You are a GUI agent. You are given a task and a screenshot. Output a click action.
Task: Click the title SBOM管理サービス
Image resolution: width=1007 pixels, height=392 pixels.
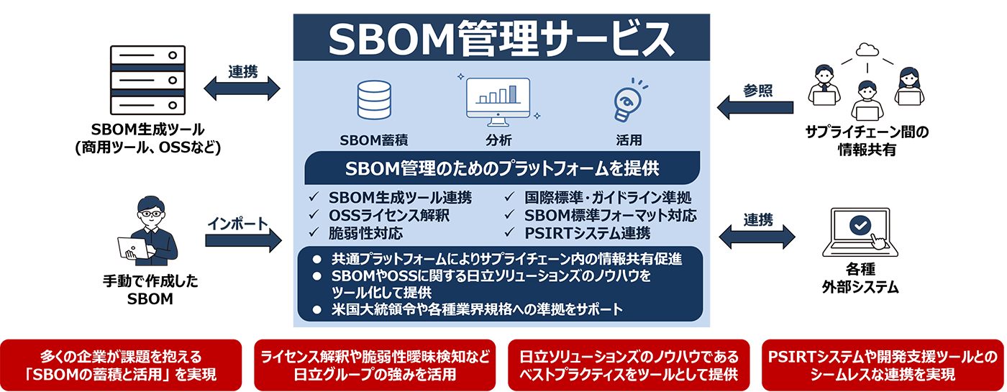tap(501, 40)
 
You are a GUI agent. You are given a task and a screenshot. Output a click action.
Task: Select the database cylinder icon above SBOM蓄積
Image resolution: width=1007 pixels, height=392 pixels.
tap(374, 100)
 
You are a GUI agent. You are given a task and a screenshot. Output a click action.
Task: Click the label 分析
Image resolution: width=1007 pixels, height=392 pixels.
tap(498, 140)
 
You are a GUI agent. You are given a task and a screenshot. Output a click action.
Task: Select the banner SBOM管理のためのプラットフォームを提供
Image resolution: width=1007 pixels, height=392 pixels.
tap(502, 168)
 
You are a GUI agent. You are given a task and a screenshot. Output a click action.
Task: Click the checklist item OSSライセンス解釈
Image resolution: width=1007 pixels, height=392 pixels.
tap(389, 215)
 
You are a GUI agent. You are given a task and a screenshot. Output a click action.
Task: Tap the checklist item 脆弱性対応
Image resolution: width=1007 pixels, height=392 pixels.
tap(365, 233)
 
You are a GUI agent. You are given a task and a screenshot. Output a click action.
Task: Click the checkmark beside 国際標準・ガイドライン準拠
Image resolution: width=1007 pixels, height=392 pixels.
tap(509, 197)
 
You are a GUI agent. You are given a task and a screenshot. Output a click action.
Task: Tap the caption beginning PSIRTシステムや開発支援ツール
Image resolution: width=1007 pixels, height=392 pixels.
tap(883, 365)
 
